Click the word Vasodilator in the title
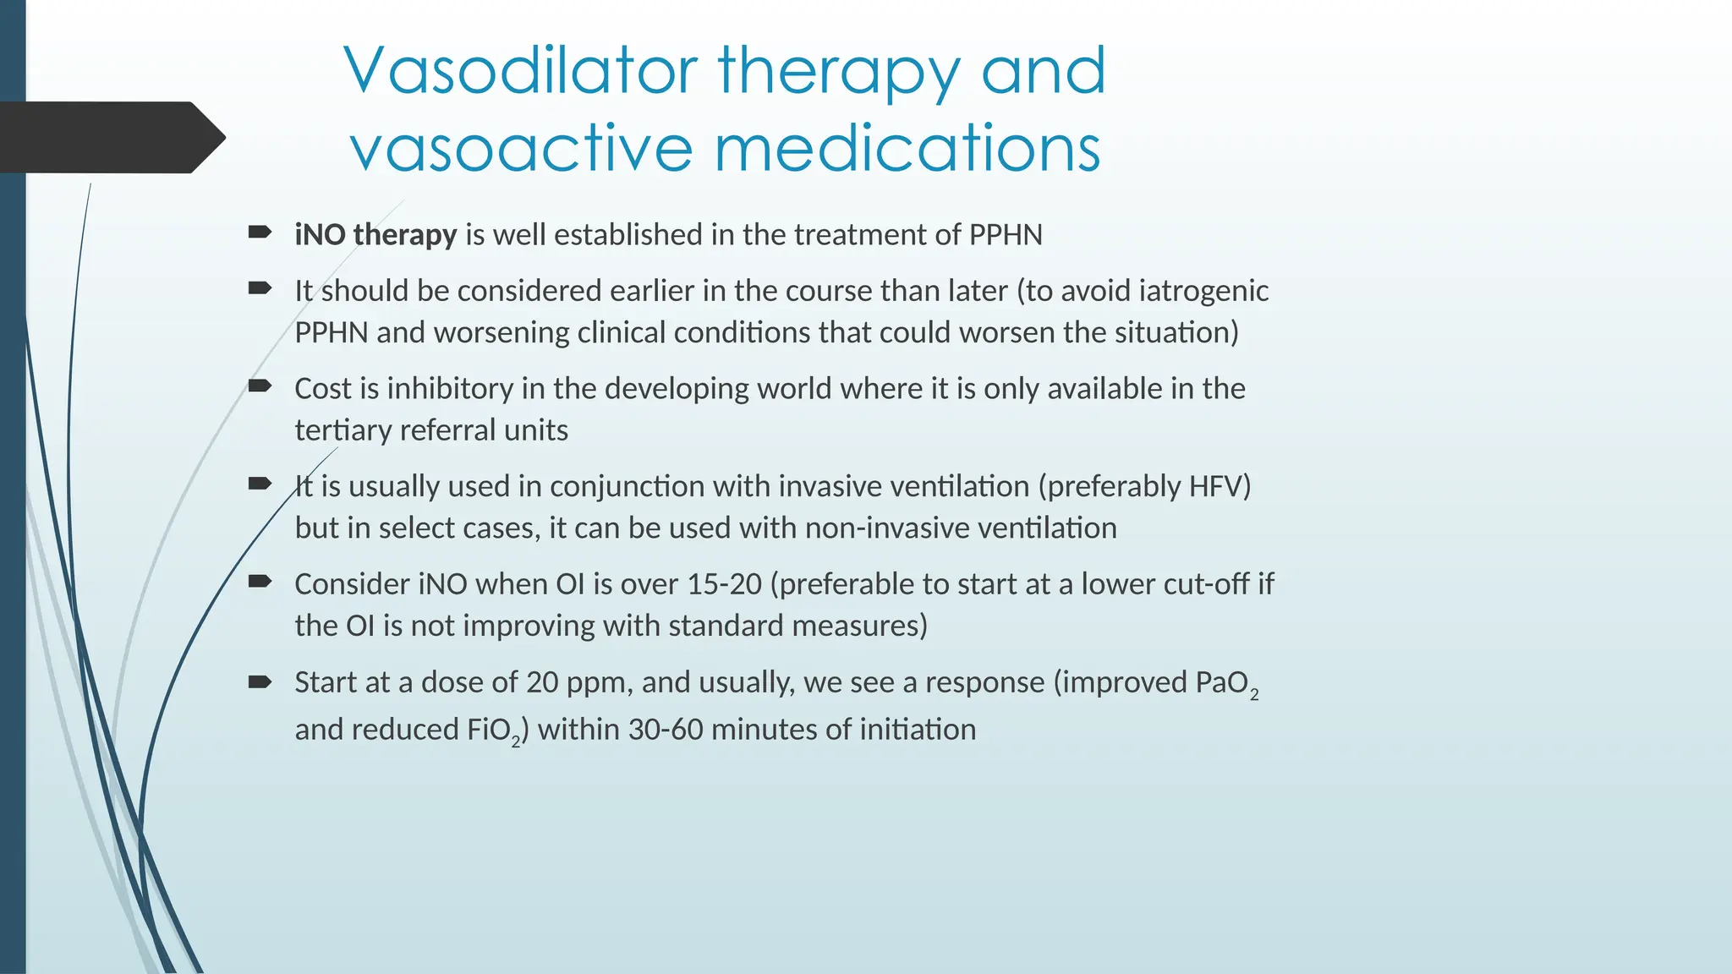pyautogui.click(x=521, y=71)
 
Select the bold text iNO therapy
pyautogui.click(x=375, y=234)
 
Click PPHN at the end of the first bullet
pyautogui.click(x=1005, y=234)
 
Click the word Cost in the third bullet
pyautogui.click(x=323, y=389)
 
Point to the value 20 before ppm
pyautogui.click(x=542, y=682)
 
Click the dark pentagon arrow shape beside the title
pyautogui.click(x=110, y=138)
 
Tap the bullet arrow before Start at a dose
pyautogui.click(x=260, y=681)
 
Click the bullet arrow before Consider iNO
pyautogui.click(x=260, y=581)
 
